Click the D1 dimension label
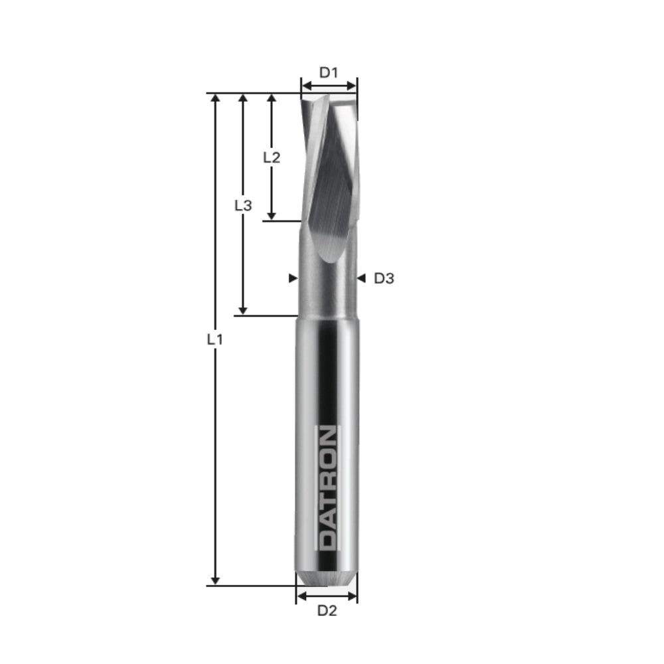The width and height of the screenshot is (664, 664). pyautogui.click(x=329, y=72)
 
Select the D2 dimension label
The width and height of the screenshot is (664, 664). pyautogui.click(x=327, y=611)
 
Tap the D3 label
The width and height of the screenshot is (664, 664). pyautogui.click(x=384, y=279)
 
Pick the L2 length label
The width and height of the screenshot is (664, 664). pyautogui.click(x=272, y=157)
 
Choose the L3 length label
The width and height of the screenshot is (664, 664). pyautogui.click(x=243, y=206)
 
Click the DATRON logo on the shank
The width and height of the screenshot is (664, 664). pyautogui.click(x=327, y=488)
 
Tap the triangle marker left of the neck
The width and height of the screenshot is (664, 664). pyautogui.click(x=293, y=279)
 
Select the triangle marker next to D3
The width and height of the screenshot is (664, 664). pyautogui.click(x=361, y=279)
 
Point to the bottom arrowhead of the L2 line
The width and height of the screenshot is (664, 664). pyautogui.click(x=271, y=215)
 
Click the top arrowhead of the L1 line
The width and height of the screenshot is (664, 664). pyautogui.click(x=214, y=99)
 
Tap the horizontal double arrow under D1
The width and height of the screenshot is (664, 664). pyautogui.click(x=329, y=85)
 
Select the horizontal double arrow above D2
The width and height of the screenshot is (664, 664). pyautogui.click(x=327, y=596)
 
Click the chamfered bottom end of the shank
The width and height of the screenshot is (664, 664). pyautogui.click(x=327, y=578)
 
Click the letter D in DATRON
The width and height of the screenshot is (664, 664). pyautogui.click(x=327, y=541)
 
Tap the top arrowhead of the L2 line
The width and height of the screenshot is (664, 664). pyautogui.click(x=271, y=99)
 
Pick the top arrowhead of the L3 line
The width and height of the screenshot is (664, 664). pyautogui.click(x=243, y=99)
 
